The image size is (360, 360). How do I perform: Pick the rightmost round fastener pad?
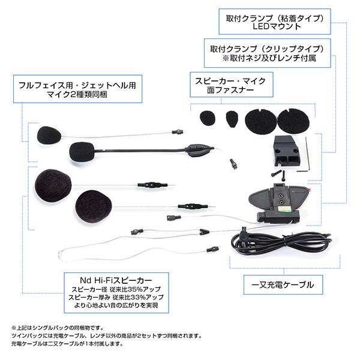(293, 121)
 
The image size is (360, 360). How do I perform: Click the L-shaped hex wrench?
(305, 157)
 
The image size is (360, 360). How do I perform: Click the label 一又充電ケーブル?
(279, 283)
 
